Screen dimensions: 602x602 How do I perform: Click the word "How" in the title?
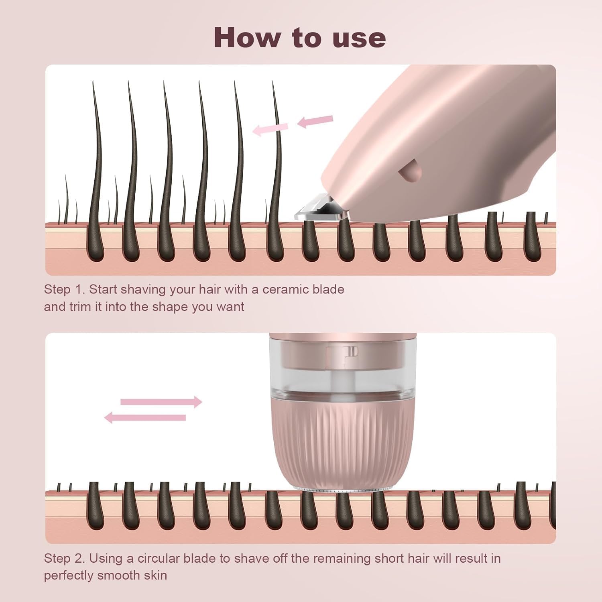click(248, 37)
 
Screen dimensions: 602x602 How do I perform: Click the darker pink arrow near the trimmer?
click(315, 121)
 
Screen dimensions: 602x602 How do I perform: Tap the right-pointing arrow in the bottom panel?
click(161, 402)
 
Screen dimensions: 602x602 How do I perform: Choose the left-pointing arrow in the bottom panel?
click(145, 418)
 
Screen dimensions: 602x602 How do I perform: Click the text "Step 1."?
click(65, 290)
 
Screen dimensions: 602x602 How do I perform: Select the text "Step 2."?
click(65, 559)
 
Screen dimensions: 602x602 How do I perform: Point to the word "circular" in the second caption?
click(159, 558)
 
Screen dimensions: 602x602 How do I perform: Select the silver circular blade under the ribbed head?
click(343, 489)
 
